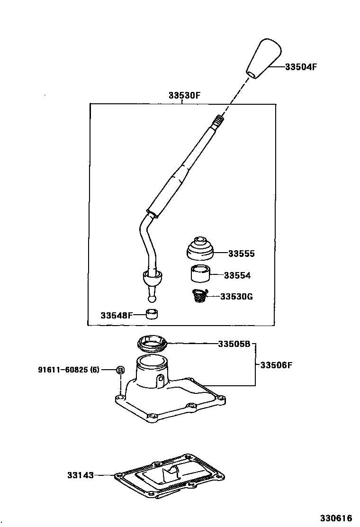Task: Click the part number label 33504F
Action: point(301,66)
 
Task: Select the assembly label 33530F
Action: point(184,95)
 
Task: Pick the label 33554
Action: point(237,276)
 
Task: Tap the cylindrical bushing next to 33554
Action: point(200,274)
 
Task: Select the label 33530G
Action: point(236,297)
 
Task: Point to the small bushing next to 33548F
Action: point(152,314)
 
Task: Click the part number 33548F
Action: point(117,315)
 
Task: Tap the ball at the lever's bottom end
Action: point(152,299)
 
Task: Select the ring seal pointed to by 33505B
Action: point(152,344)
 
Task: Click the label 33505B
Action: point(234,344)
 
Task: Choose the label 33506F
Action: point(276,364)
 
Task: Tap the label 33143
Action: point(81,475)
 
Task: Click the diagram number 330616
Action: point(336,518)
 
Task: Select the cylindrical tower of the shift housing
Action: point(152,372)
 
